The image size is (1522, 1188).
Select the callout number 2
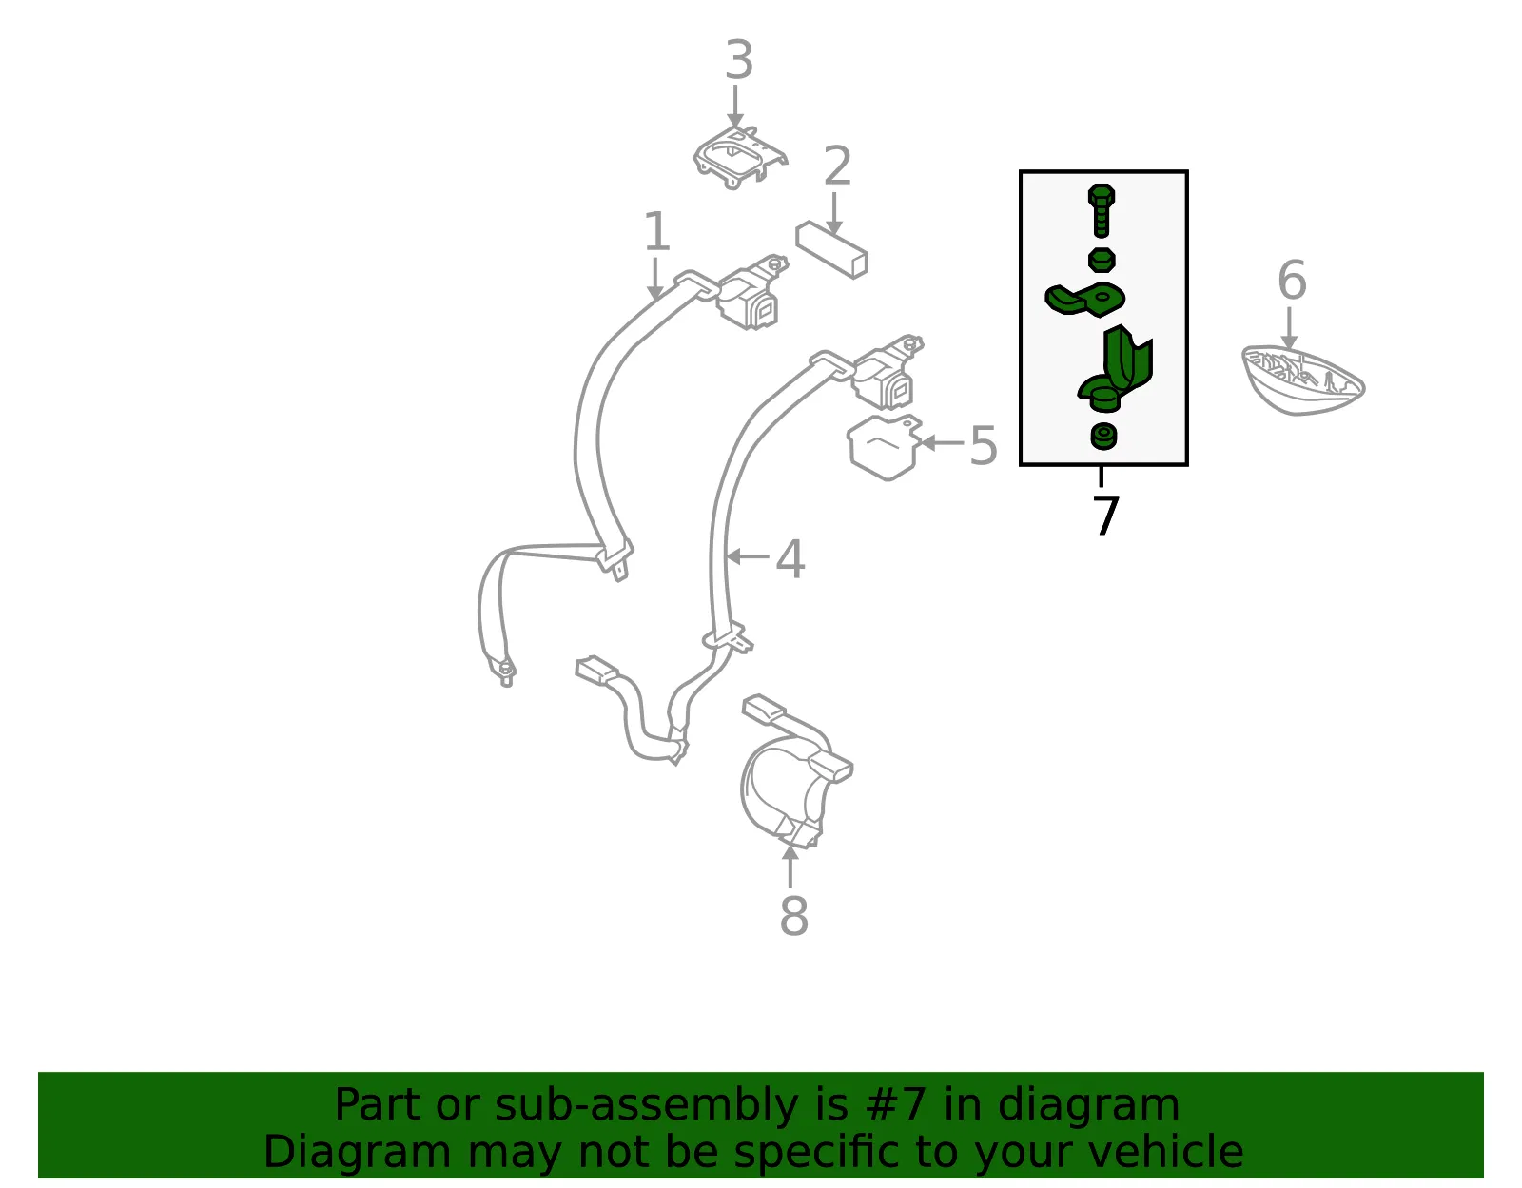(x=837, y=166)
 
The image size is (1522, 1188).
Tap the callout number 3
(x=739, y=60)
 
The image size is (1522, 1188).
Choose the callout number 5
(x=983, y=445)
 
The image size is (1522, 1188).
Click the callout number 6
(x=1292, y=280)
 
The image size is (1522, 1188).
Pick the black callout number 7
(x=1105, y=515)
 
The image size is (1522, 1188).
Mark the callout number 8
(x=793, y=916)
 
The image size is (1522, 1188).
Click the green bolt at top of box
(x=1101, y=210)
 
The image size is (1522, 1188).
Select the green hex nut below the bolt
(x=1102, y=260)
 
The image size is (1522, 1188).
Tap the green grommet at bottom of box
(x=1103, y=437)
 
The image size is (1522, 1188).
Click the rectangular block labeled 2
(x=831, y=250)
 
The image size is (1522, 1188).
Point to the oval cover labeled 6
(x=1303, y=380)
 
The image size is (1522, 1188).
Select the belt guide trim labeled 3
(x=740, y=158)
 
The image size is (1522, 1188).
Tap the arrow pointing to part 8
(x=790, y=866)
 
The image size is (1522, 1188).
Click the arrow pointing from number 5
(x=941, y=442)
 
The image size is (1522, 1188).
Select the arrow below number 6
(x=1289, y=327)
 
